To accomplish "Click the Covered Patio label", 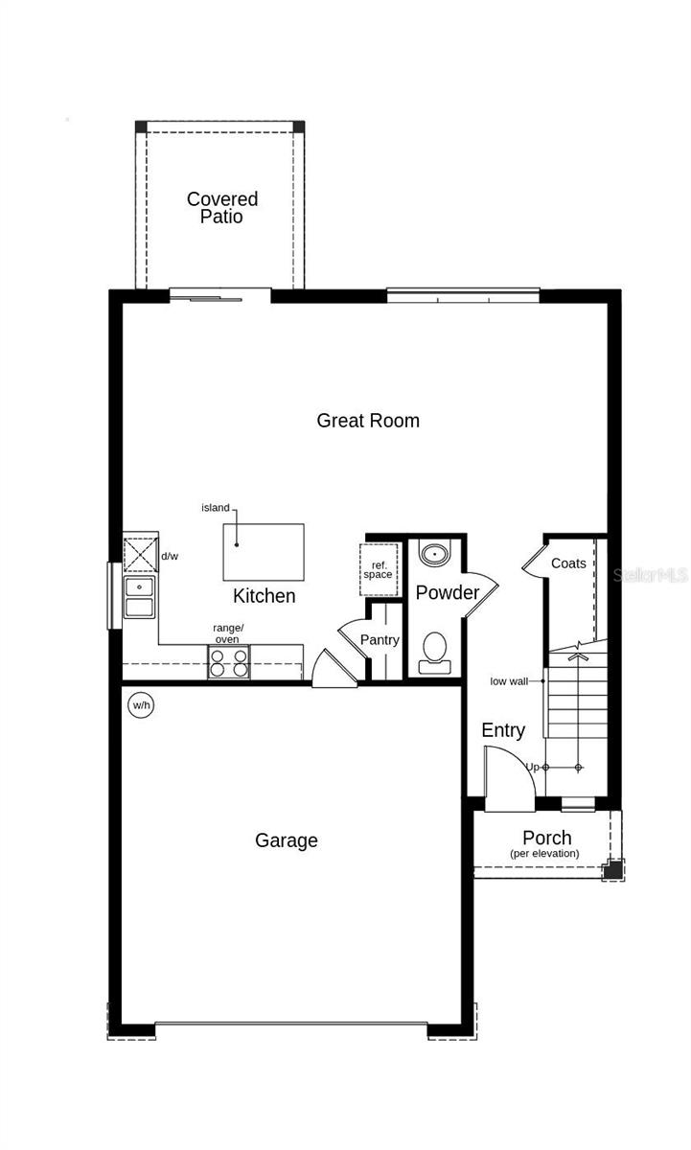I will pos(221,208).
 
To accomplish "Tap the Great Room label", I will pos(368,420).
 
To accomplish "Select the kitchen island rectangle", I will pos(264,551).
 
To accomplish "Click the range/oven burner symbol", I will pos(229,663).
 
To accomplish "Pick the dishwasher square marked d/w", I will pos(140,555).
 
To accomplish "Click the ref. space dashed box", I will pos(378,570).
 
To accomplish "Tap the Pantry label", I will pos(380,640).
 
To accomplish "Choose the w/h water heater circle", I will pos(142,706).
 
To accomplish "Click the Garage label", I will pos(286,840).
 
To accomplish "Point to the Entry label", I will pos(503,730).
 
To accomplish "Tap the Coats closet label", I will pos(568,563).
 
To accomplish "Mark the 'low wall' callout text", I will pos(509,681).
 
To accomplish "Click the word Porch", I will pos(546,838).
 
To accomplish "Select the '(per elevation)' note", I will pos(544,853).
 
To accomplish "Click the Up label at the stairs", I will pos(532,767).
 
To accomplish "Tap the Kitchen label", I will pos(265,596).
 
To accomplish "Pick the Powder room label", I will pos(447,593).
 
